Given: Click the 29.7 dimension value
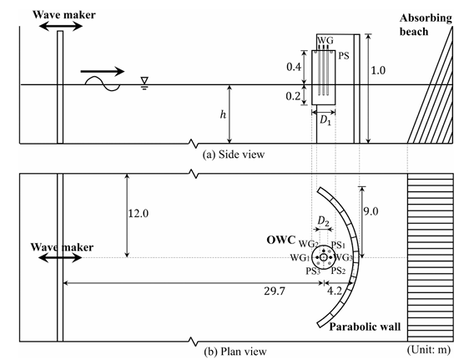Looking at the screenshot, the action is tap(275, 291).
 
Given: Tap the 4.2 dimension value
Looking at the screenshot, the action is tap(334, 291).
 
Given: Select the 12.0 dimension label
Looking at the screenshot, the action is tap(139, 213).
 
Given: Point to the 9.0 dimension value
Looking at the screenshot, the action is tap(371, 211).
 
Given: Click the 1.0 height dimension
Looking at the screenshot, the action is tap(378, 70).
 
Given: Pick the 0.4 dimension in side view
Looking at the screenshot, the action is tap(294, 67).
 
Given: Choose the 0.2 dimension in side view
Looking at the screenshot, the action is tap(293, 96).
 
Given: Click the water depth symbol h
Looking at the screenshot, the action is tap(223, 114).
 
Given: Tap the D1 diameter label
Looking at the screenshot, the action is tap(325, 120).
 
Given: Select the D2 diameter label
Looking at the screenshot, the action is tap(323, 221).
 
